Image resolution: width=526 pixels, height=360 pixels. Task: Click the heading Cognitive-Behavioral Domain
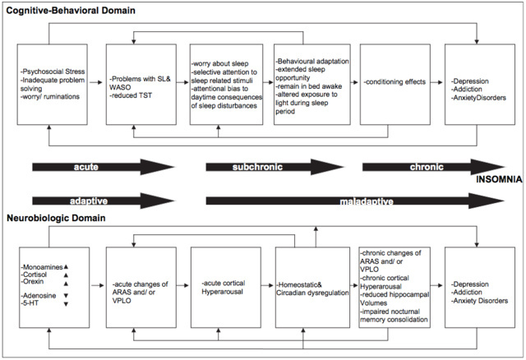click(71, 11)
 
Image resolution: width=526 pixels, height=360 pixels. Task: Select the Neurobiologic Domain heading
click(56, 218)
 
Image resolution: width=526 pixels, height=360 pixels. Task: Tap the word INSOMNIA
click(499, 179)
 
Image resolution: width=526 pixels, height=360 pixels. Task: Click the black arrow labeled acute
click(103, 167)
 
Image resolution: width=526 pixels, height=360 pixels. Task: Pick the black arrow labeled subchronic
click(275, 167)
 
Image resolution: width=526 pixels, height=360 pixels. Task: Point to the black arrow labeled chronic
click(433, 167)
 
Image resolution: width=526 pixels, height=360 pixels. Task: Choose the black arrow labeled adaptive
click(103, 201)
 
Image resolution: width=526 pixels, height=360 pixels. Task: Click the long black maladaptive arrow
click(355, 201)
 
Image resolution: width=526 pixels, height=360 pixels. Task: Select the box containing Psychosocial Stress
click(53, 84)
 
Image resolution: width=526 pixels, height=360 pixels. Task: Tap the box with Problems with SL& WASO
click(141, 84)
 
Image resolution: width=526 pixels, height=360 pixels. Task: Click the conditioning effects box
click(395, 84)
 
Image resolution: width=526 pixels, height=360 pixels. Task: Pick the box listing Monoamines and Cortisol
click(54, 288)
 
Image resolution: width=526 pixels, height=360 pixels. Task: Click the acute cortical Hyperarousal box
click(226, 288)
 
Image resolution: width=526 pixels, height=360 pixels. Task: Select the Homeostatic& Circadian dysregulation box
click(312, 288)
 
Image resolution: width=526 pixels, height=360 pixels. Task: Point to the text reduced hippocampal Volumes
click(394, 298)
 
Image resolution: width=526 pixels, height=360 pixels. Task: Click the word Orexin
click(33, 281)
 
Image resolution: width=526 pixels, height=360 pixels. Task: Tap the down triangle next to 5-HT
click(66, 304)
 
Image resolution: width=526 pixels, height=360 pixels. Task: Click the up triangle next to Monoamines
click(66, 267)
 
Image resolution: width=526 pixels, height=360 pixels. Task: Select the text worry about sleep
click(220, 63)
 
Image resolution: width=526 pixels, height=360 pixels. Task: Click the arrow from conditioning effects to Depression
click(436, 82)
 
